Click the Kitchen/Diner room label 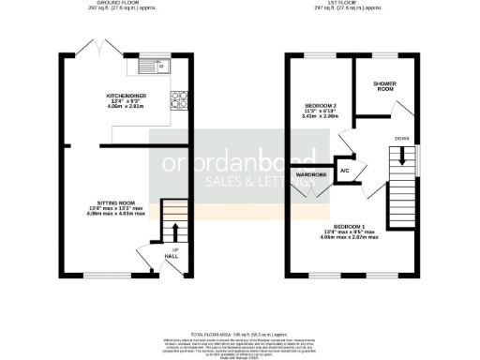coord(125,95)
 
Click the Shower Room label coord(384,87)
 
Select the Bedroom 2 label coord(320,105)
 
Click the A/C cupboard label coord(344,171)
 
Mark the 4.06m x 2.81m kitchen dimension coord(125,107)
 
